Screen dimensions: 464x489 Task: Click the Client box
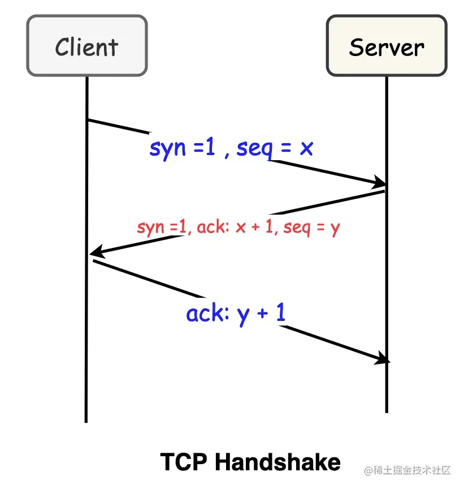pyautogui.click(x=86, y=46)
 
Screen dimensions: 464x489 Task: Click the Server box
pyautogui.click(x=387, y=46)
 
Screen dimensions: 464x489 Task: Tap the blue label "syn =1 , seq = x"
pyautogui.click(x=231, y=148)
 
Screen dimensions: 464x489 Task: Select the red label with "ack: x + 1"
pyautogui.click(x=238, y=228)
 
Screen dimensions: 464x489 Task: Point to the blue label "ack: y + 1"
pyautogui.click(x=236, y=313)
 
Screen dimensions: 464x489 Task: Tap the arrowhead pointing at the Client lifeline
pyautogui.click(x=95, y=252)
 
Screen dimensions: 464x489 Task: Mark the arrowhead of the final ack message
pyautogui.click(x=383, y=359)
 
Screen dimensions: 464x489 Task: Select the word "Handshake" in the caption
pyautogui.click(x=277, y=462)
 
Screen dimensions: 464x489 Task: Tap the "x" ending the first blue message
pyautogui.click(x=306, y=149)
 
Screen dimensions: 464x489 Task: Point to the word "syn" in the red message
pyautogui.click(x=150, y=228)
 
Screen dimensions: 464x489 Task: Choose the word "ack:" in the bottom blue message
pyautogui.click(x=206, y=313)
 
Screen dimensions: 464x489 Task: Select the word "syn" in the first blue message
pyautogui.click(x=167, y=149)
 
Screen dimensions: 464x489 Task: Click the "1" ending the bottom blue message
pyautogui.click(x=280, y=312)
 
